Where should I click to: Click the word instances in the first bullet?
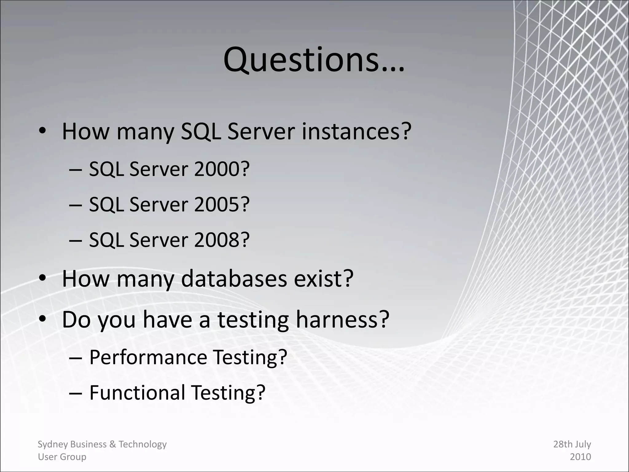click(x=356, y=132)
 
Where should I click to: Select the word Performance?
click(x=148, y=357)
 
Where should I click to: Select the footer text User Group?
click(x=62, y=457)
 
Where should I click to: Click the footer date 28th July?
click(x=572, y=444)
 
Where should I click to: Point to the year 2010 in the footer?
click(x=580, y=457)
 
